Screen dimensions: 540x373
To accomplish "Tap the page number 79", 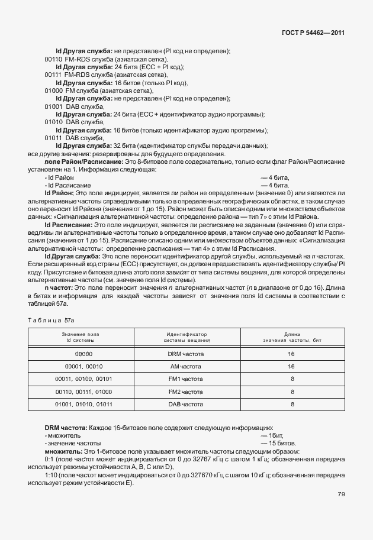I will coord(341,511).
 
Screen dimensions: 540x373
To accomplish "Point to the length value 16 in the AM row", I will coord(291,366).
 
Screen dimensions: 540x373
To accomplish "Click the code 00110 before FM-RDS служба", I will coord(53,60).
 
